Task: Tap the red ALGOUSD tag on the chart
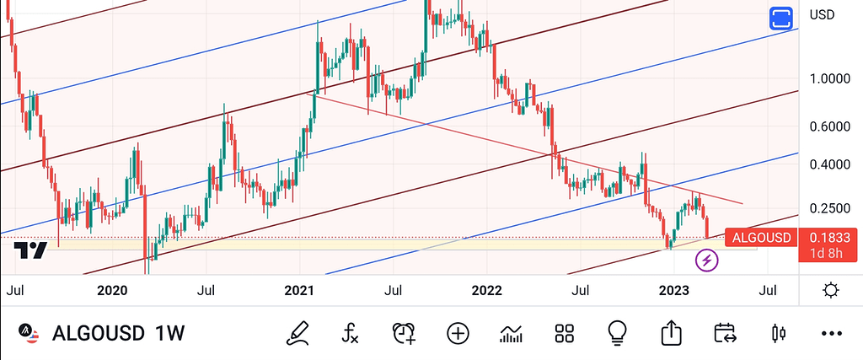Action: point(761,238)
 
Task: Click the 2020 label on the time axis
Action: point(112,292)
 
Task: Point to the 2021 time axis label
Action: point(299,292)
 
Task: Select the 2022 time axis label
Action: point(486,292)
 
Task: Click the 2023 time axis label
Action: point(674,292)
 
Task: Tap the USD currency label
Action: point(822,14)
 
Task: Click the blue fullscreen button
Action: point(781,19)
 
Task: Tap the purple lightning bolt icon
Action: point(706,261)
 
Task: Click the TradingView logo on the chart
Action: point(30,250)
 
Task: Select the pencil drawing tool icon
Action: point(296,333)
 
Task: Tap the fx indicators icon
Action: point(350,333)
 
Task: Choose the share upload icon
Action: point(671,333)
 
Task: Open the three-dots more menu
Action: point(831,333)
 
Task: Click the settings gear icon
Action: point(830,291)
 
